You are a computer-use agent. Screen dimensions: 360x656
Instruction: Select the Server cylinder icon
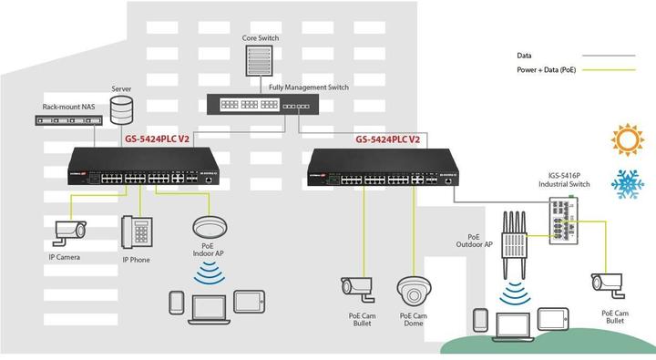coord(121,111)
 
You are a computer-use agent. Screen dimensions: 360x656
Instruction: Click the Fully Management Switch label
coord(309,87)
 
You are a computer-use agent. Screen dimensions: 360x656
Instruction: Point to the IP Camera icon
coord(68,231)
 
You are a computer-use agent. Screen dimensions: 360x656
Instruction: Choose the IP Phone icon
coord(137,232)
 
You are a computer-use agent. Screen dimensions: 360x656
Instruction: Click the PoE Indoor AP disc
coord(210,225)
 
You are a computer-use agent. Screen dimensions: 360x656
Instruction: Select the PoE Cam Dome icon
coord(413,291)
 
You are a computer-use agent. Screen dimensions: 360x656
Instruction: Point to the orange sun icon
coord(626,140)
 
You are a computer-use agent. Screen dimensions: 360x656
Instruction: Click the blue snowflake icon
coord(627,184)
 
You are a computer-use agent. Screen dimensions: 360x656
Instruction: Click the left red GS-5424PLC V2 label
coord(157,139)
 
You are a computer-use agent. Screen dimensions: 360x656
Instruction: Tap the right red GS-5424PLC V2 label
coord(387,139)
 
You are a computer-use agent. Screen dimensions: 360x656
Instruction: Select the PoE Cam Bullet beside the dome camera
coord(358,288)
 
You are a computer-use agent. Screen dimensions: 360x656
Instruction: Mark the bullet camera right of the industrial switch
coord(609,283)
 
